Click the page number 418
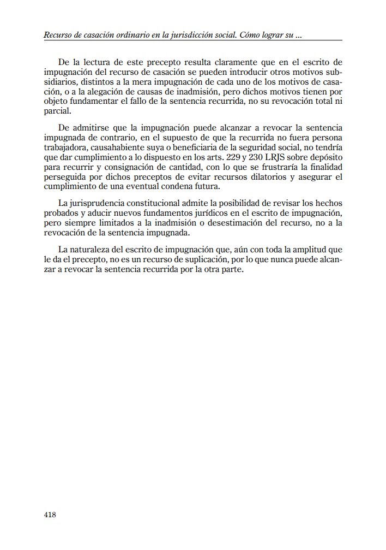pos(50,514)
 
